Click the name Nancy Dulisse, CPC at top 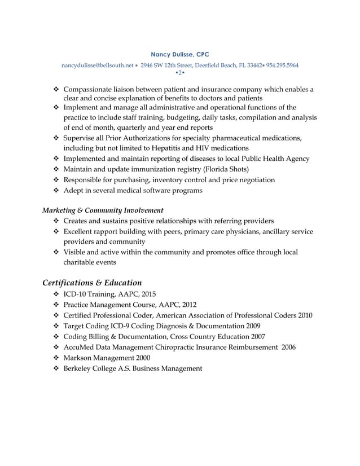180,54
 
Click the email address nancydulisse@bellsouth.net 99,65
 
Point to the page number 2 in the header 179,73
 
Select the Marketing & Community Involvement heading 103,210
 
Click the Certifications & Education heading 92,282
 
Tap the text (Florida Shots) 226,169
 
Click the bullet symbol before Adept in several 55,191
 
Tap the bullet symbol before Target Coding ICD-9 55,326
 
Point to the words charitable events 90,262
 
